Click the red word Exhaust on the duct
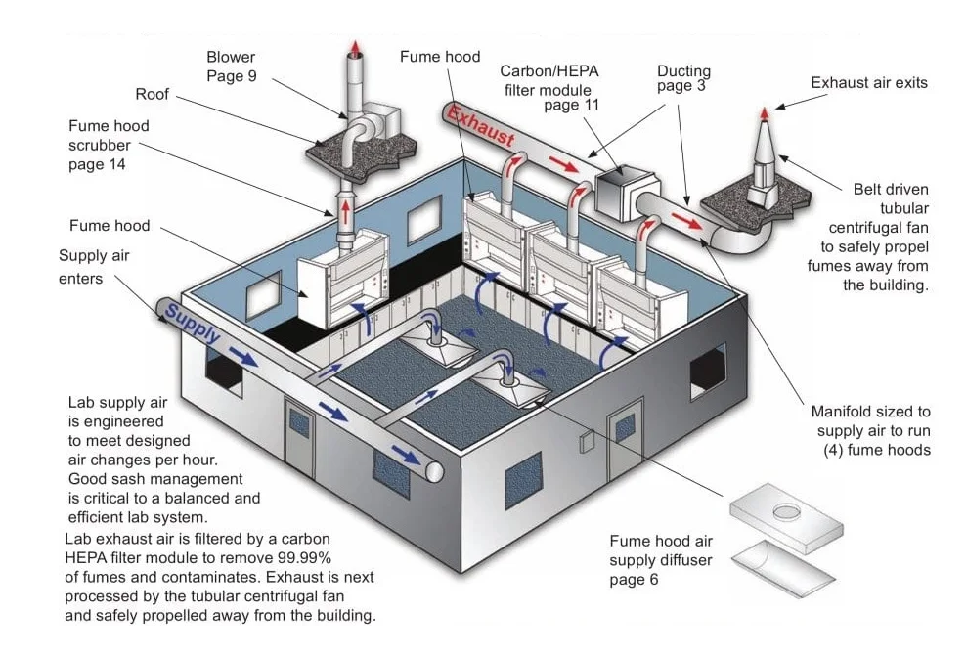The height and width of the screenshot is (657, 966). [481, 125]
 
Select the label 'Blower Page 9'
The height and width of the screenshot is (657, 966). [231, 66]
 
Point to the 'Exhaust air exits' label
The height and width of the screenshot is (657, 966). [868, 83]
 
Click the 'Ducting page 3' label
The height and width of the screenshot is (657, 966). [683, 78]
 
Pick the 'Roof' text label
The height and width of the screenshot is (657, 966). [152, 95]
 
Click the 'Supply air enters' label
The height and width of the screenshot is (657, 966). [94, 267]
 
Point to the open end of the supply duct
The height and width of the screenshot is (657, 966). [435, 472]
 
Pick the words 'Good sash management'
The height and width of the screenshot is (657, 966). [154, 479]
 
